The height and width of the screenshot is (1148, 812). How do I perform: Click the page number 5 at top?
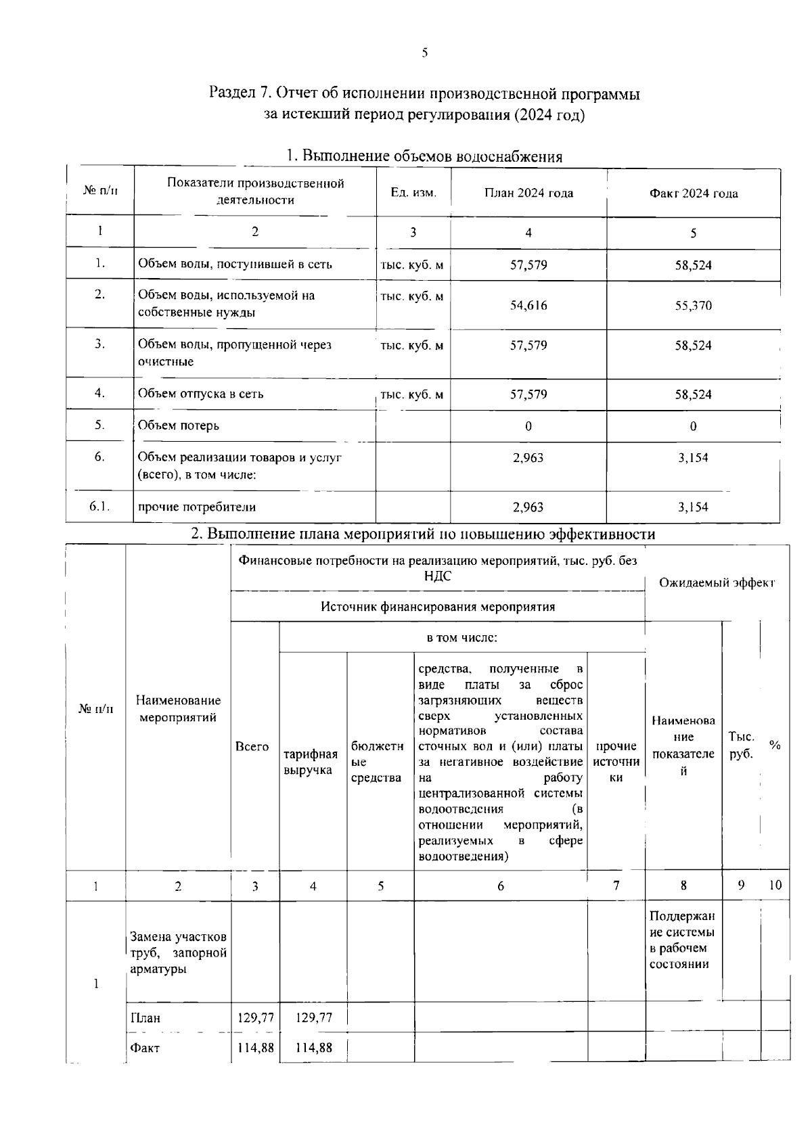coord(424,53)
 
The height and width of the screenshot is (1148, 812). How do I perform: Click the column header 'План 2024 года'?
coord(528,193)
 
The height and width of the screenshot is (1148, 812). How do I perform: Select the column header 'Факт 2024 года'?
coord(693,193)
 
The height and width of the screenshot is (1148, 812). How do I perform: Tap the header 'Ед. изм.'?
coord(413,193)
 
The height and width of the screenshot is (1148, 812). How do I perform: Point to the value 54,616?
coord(528,305)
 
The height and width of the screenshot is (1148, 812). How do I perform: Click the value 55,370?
coord(693,305)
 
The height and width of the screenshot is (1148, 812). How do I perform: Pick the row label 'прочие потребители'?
coord(197,507)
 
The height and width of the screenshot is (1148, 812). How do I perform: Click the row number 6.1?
coord(99,507)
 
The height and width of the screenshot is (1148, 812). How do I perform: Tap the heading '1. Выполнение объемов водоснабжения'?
coord(424,157)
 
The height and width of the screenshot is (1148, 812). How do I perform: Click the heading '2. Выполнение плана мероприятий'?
coord(423,534)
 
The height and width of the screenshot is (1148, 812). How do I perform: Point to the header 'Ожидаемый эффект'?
coord(717,582)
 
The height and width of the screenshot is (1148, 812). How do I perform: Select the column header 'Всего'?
coord(252,747)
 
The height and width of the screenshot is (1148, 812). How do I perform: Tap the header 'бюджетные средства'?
coord(378,762)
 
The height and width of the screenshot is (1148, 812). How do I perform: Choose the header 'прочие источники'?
coord(616,762)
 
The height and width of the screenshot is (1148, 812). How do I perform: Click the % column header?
coord(775,745)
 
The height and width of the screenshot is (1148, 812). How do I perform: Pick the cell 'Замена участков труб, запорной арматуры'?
coord(178,952)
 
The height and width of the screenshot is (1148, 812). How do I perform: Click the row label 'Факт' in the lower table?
coord(145,1048)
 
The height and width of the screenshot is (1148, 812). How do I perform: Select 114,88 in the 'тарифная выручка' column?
coord(314,1048)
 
